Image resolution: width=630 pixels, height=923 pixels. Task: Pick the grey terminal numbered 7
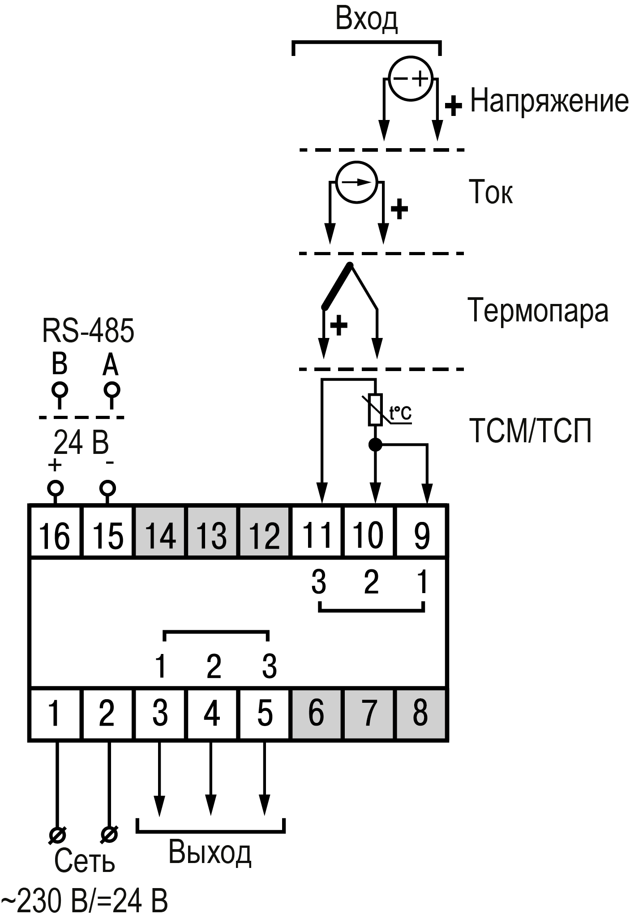pos(369,714)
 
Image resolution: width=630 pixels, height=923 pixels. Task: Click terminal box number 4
pos(212,714)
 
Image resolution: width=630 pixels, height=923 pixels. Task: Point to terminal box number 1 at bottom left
pos(55,714)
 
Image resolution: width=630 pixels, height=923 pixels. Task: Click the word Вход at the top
pos(366,20)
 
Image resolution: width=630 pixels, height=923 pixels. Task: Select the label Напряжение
pos(549,100)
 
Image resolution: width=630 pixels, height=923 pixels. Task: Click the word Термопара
pos(538,310)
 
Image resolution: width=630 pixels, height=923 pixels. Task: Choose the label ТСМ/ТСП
pos(531,431)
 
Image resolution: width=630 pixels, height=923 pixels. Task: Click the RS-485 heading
pos(88,331)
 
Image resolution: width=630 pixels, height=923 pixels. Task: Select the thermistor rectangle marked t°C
pos(375,409)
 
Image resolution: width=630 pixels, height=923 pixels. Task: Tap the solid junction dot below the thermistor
pos(375,444)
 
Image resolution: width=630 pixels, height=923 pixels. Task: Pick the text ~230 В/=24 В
pos(84,902)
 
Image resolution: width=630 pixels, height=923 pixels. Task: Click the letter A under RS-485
pos(110,365)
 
